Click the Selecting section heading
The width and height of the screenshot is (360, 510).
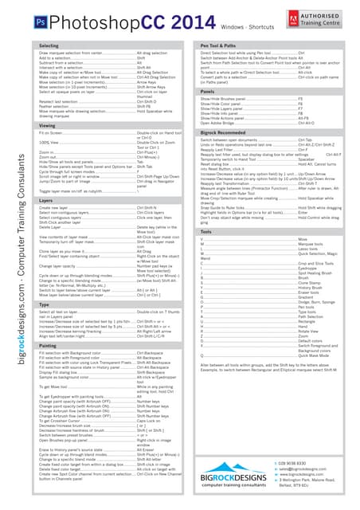coord(49,46)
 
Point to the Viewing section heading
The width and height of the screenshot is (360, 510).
coord(47,126)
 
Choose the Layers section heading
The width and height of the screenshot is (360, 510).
coord(46,200)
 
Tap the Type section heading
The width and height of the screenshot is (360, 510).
coord(45,304)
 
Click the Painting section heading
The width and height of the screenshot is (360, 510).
coord(48,346)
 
